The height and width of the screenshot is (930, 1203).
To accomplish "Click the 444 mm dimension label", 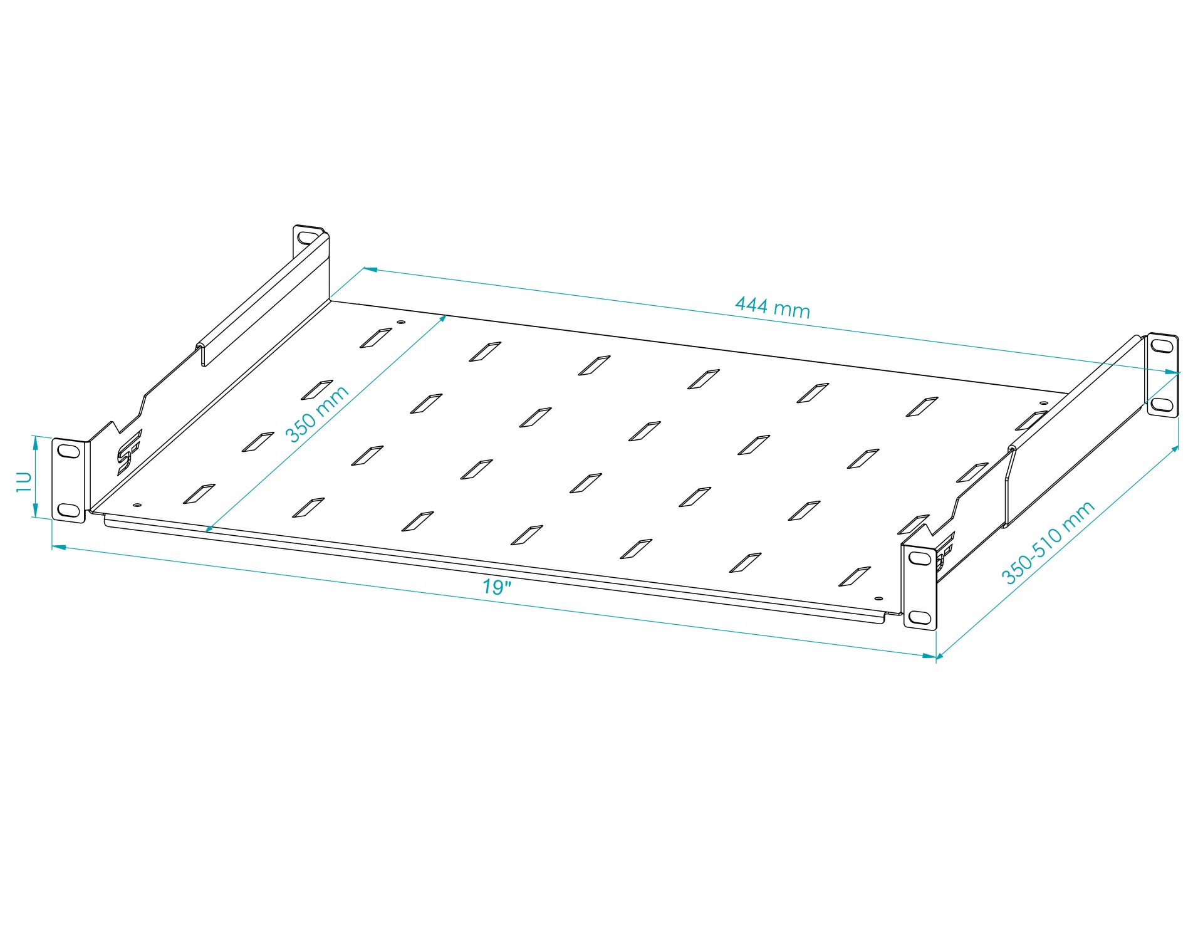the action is coord(772,307).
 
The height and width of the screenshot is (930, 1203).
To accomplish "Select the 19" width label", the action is coord(496,587).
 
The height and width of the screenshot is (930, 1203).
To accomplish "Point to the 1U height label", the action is coord(24,481).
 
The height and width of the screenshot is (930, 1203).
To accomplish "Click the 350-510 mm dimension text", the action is coord(1048,543).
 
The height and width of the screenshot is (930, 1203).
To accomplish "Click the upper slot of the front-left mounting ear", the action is coord(68,451).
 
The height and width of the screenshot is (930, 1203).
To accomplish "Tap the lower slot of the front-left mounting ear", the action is coord(68,509).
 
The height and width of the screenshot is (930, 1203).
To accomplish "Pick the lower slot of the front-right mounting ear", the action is coord(919,617).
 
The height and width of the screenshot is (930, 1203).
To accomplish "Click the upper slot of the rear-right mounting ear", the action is coord(1162,345).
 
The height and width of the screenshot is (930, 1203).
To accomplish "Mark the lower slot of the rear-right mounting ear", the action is coord(1162,404).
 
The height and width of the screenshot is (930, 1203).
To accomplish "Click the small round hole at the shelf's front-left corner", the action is coord(137,504).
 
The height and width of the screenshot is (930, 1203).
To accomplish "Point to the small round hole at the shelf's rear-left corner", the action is coord(401,322).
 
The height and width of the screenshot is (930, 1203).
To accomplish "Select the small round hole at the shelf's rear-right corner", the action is coord(1043,403).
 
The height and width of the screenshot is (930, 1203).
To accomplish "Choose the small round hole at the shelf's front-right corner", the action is coord(878,599).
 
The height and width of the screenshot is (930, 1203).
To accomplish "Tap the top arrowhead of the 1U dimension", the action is coord(35,442).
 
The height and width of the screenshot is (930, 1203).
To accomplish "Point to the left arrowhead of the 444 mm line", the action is coord(370,269).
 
